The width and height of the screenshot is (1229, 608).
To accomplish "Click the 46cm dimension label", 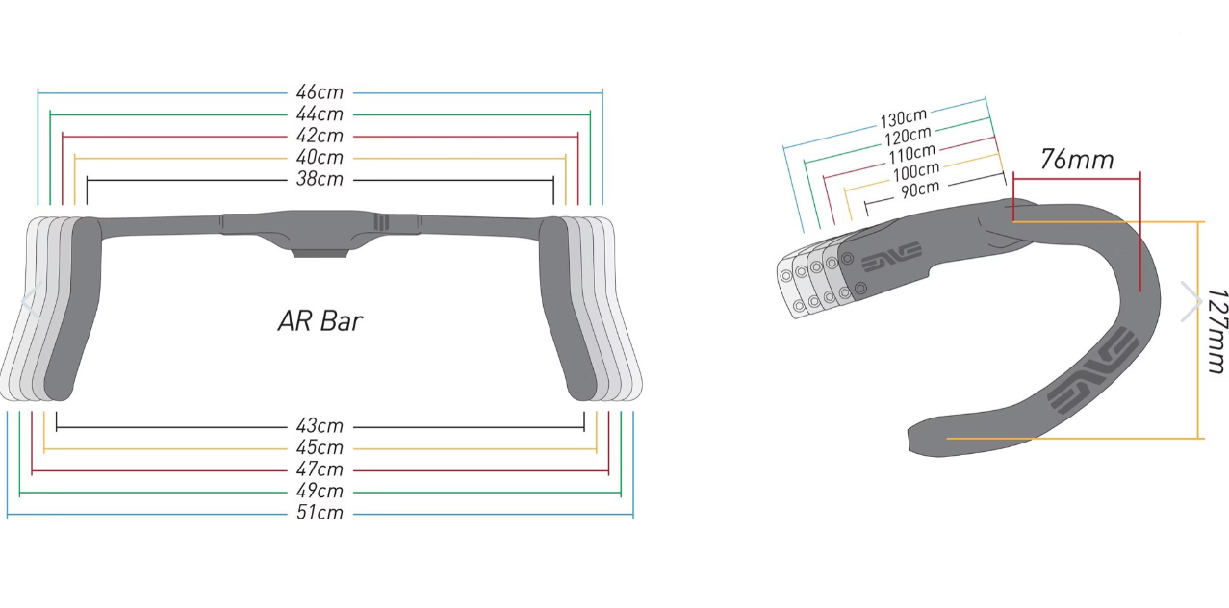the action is click(320, 92).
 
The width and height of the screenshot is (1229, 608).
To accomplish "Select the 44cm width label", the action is click(320, 114).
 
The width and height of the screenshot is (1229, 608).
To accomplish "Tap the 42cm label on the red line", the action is click(320, 136).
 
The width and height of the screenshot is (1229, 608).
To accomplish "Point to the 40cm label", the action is click(320, 158).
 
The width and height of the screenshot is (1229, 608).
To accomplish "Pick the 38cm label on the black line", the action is click(320, 179).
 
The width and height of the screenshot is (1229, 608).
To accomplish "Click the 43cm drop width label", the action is click(320, 425).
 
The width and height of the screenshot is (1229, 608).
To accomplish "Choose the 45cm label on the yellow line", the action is click(320, 447).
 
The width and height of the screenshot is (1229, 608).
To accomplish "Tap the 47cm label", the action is click(320, 469).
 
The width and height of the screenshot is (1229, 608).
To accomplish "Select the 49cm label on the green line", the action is click(320, 491).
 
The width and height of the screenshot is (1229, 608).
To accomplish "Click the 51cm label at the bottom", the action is click(320, 513).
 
